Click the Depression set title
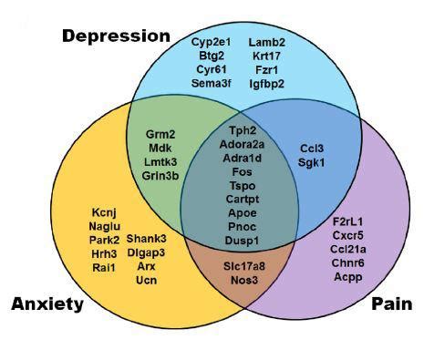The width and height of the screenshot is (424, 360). (x=116, y=36)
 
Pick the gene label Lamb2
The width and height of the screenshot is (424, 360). (x=267, y=42)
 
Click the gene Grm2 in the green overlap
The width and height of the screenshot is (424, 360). (x=160, y=134)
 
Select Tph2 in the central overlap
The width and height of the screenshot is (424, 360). (x=243, y=130)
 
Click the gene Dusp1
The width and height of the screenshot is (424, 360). (x=243, y=240)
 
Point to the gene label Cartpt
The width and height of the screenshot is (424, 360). (x=243, y=199)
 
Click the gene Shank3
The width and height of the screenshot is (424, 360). (x=146, y=239)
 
